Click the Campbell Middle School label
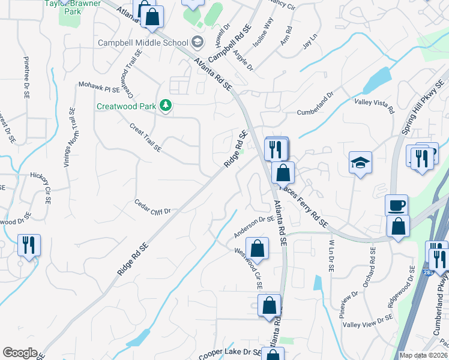143,43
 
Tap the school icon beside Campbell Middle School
197,43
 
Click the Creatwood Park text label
126,107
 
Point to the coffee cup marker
396,205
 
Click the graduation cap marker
360,162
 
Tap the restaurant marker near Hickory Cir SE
29,245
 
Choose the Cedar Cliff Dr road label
153,206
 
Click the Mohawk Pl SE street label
100,88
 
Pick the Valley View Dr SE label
367,320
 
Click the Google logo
20,353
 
